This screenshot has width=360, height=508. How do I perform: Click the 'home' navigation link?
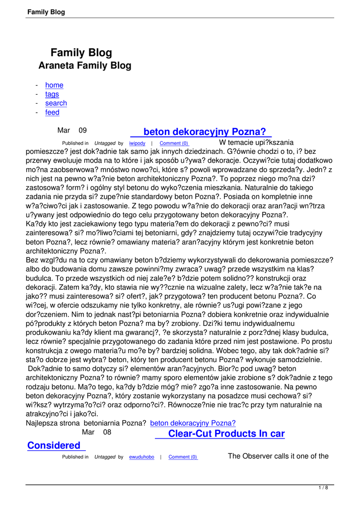[54, 85]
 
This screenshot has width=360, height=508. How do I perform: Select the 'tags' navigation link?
[52, 94]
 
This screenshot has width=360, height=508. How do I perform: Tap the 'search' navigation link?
[56, 103]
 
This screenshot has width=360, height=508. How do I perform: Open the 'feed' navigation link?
[52, 113]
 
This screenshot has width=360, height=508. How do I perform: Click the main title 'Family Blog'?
[81, 53]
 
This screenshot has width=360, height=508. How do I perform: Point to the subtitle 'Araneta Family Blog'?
[85, 65]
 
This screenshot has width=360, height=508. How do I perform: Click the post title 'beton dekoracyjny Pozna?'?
[204, 132]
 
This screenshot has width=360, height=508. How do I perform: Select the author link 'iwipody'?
[137, 143]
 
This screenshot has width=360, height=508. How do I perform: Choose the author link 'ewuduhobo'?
[142, 457]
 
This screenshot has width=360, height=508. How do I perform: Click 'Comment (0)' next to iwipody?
[174, 143]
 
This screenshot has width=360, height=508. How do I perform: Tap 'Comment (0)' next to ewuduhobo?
[183, 457]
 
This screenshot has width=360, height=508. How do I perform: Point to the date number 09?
[82, 130]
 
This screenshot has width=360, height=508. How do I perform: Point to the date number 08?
[107, 433]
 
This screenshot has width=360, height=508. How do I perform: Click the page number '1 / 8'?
[323, 488]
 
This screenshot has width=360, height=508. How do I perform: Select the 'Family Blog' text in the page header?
[46, 12]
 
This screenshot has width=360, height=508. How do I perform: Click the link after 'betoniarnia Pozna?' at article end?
[193, 423]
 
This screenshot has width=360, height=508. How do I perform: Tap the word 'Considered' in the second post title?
[54, 445]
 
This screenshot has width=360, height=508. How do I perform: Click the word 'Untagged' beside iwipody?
[105, 143]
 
